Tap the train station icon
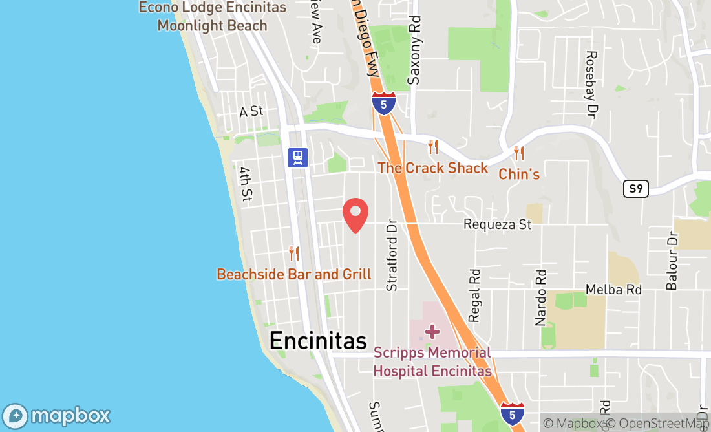(x=298, y=157)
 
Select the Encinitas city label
(x=318, y=340)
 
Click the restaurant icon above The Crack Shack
(x=432, y=147)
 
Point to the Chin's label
(x=518, y=174)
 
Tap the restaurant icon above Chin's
(x=518, y=153)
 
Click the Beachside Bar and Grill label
(x=294, y=274)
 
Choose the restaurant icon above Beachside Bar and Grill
(x=293, y=253)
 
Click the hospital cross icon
(x=432, y=332)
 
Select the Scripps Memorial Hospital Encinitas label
(x=432, y=362)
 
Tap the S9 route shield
(x=635, y=188)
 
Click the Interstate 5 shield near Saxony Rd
(x=384, y=103)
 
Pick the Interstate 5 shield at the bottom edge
(x=512, y=413)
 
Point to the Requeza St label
(x=497, y=224)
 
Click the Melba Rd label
(x=613, y=289)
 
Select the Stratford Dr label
(x=390, y=257)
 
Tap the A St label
(x=251, y=111)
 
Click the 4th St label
(x=245, y=185)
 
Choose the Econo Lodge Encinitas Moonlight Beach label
(x=212, y=17)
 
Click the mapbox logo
(x=56, y=416)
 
